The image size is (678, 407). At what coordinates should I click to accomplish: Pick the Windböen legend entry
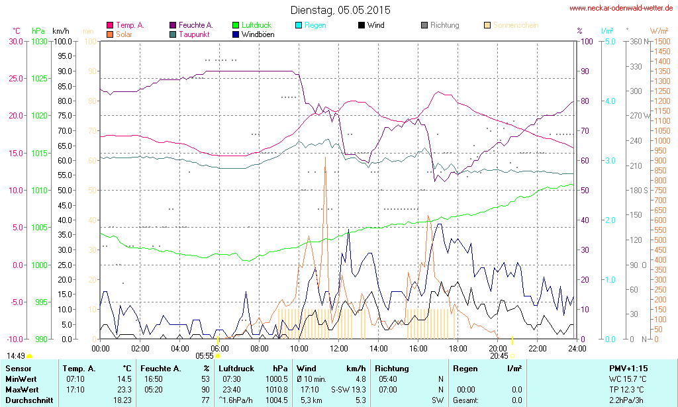click(x=258, y=34)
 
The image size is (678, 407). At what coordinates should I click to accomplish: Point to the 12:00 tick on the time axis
click(x=339, y=348)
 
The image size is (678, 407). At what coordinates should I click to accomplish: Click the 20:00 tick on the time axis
click(x=498, y=348)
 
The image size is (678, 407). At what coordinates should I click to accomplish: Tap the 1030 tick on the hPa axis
click(x=39, y=41)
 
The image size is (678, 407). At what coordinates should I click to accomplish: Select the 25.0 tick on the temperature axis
click(x=14, y=78)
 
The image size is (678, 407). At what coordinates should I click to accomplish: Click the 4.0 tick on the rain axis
click(x=608, y=101)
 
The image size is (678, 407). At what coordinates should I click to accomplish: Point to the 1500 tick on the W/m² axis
click(x=661, y=41)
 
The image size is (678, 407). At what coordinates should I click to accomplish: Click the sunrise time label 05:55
click(x=204, y=355)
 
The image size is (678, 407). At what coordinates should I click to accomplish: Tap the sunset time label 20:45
click(x=499, y=355)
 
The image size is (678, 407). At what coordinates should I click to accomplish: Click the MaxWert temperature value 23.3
click(x=123, y=390)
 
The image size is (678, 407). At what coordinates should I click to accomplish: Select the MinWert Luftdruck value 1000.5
click(x=277, y=379)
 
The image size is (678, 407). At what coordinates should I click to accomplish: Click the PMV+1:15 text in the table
click(x=628, y=368)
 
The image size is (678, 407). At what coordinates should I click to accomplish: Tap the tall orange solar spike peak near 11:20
click(x=325, y=159)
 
